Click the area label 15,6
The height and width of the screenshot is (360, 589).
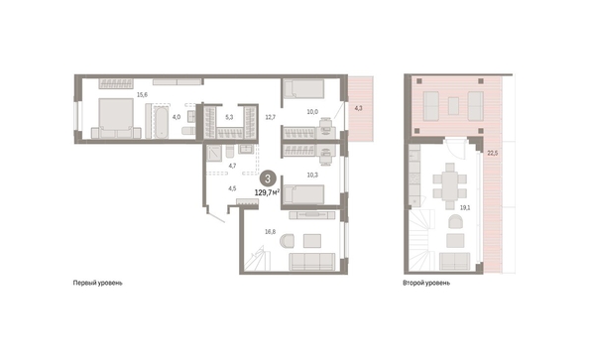[142, 94]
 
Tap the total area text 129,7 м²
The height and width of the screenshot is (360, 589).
[267, 192]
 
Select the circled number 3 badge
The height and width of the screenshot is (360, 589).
[268, 179]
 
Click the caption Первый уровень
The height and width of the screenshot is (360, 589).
[97, 283]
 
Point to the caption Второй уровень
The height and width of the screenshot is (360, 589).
[426, 283]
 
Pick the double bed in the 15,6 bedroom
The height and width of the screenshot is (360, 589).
[116, 118]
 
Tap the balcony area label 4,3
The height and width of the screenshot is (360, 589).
[359, 108]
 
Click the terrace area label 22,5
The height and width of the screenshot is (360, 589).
[493, 153]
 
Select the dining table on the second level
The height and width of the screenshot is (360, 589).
[449, 186]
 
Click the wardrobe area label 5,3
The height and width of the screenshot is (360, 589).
[229, 117]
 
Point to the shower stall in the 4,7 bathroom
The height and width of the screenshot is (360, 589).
[214, 153]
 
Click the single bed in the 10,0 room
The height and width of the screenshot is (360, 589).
[303, 89]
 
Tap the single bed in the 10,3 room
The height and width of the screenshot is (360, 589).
[303, 194]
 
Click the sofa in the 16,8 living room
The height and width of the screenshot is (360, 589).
[311, 262]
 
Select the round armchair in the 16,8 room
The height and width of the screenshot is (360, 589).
[287, 241]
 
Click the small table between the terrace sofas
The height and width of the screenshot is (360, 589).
[453, 106]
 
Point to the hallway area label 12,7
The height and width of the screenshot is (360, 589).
[271, 117]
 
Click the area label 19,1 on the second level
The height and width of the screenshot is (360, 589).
[465, 207]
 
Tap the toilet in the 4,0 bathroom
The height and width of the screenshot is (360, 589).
[188, 130]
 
